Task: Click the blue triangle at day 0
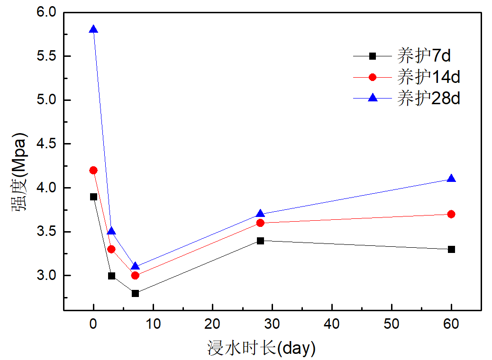point(93,30)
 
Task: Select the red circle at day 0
point(93,170)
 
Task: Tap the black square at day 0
point(93,197)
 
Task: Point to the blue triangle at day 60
point(451,179)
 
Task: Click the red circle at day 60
point(451,214)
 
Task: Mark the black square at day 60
point(451,249)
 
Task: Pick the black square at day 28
point(260,241)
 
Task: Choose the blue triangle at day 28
point(260,214)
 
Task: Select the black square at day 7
point(135,293)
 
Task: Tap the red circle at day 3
point(111,249)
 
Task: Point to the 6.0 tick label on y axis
point(46,12)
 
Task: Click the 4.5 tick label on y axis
point(46,144)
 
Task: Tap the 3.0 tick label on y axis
point(46,276)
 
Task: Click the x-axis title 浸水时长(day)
point(261,349)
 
